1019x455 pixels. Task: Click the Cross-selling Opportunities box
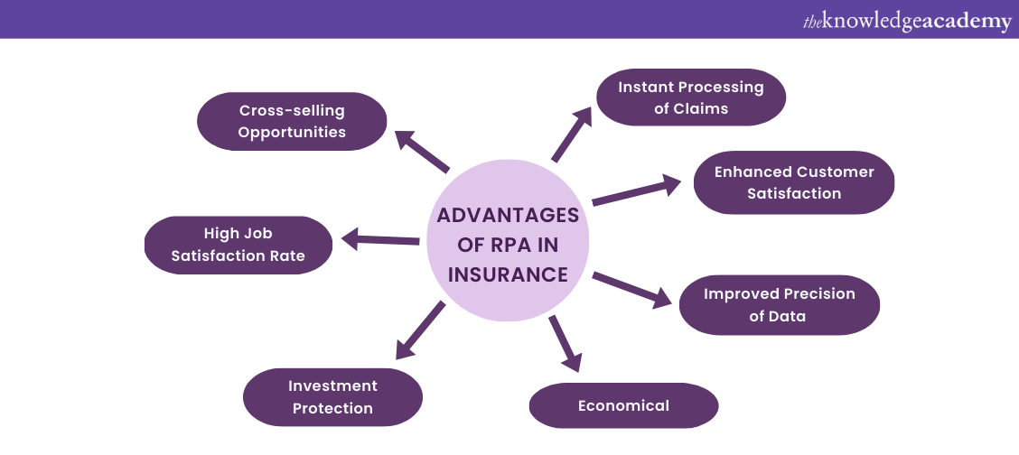[292, 121]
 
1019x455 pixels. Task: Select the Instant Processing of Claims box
[690, 97]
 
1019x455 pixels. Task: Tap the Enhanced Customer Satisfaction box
[793, 182]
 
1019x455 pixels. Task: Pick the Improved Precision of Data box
[779, 304]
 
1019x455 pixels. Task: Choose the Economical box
[623, 405]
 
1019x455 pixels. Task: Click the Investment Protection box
[332, 397]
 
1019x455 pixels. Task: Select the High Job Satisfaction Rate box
[238, 245]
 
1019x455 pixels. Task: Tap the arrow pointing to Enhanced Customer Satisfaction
[636, 191]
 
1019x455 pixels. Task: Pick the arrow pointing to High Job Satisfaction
[379, 240]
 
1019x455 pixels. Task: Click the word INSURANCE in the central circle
[508, 274]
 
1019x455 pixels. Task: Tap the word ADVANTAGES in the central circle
[508, 216]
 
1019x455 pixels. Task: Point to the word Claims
[702, 109]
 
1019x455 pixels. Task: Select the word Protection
[332, 408]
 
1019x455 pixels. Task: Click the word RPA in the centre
[508, 246]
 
